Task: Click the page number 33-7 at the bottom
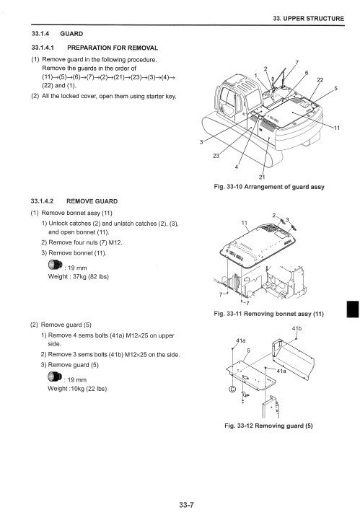click(x=187, y=504)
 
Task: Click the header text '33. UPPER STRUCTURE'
click(x=309, y=19)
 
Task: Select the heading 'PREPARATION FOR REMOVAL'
click(x=113, y=48)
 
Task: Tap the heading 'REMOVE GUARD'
click(x=92, y=201)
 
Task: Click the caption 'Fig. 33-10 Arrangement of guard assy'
click(x=269, y=187)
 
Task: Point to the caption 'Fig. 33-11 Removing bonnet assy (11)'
click(x=268, y=314)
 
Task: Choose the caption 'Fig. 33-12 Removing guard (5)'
click(x=268, y=426)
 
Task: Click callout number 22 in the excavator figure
click(x=320, y=80)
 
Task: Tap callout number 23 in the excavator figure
click(x=216, y=156)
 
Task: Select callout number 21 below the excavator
click(x=262, y=177)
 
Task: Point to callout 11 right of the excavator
click(x=337, y=128)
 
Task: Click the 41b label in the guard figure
click(x=297, y=328)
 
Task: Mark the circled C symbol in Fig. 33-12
click(x=232, y=389)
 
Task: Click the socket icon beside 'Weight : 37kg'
click(x=55, y=265)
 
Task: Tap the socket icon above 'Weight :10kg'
click(x=55, y=377)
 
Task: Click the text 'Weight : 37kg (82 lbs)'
click(x=78, y=276)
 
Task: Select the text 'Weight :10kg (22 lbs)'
click(x=77, y=389)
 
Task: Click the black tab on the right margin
click(x=353, y=309)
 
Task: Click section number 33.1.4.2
click(x=43, y=201)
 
